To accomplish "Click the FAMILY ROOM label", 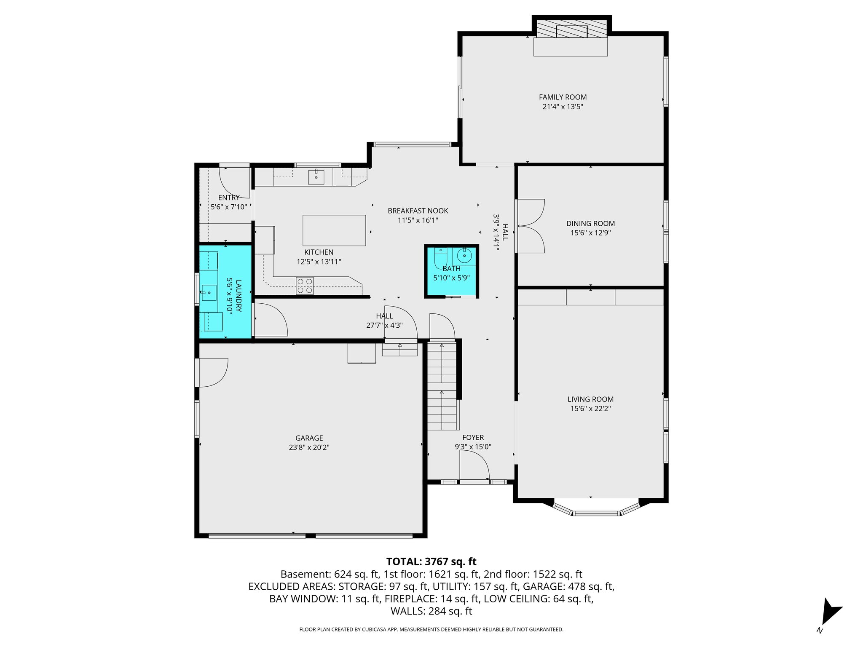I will click(x=563, y=97).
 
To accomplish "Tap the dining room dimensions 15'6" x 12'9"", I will click(x=590, y=233).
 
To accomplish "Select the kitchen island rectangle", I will click(x=334, y=230).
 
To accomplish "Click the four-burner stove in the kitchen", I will click(x=305, y=286).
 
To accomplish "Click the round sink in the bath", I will click(x=464, y=255).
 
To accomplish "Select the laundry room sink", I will click(x=208, y=292).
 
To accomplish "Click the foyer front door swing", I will click(x=474, y=465).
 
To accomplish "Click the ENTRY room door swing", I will click(x=234, y=182).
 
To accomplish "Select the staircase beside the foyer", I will click(x=442, y=385).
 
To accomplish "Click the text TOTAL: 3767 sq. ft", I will click(x=431, y=561).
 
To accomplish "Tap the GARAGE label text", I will click(x=309, y=438).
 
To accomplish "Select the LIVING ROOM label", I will click(x=590, y=399).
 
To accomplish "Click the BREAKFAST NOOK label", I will click(x=418, y=211).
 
